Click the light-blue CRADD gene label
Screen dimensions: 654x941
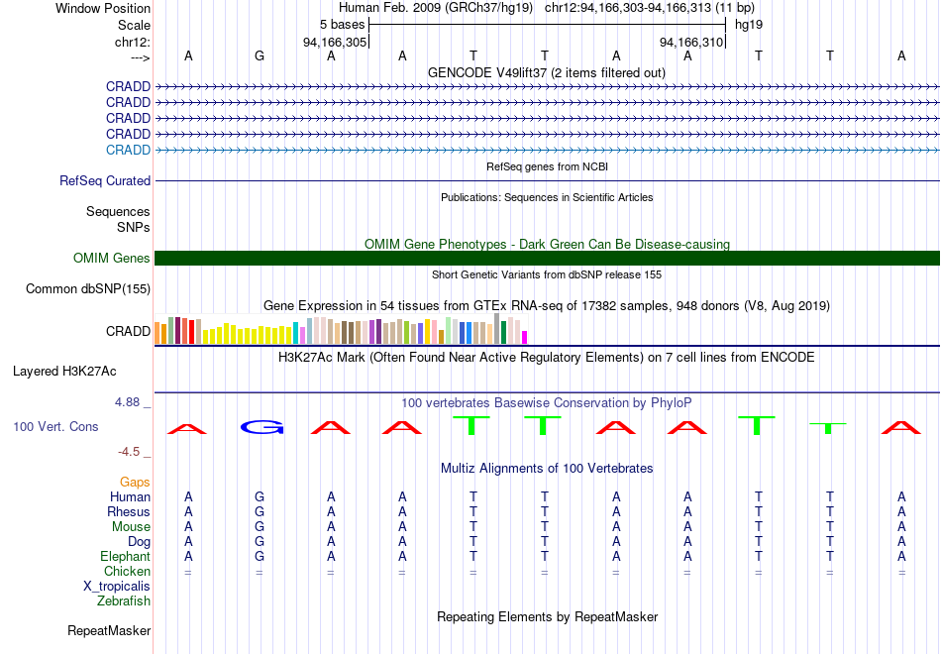coord(128,150)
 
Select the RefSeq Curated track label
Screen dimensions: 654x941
coord(105,181)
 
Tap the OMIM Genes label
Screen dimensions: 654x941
coord(112,259)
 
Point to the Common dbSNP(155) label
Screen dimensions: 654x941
coord(87,289)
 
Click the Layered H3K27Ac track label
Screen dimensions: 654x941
coord(64,372)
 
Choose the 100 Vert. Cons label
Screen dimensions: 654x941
coord(55,426)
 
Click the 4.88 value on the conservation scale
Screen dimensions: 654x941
coord(130,402)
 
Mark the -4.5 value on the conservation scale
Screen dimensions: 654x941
coord(130,452)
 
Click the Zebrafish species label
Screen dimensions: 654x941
coord(124,600)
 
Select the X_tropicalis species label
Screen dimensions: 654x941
coord(117,587)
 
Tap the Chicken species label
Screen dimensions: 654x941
coord(127,572)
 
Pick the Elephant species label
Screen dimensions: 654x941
coord(125,557)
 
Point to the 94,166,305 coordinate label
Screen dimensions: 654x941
coord(335,43)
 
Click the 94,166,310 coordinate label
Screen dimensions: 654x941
coord(691,43)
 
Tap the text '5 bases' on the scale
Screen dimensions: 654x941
coord(342,24)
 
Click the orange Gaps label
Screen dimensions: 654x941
coord(135,482)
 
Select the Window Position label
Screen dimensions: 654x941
coord(103,8)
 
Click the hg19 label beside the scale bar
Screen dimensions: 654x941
coord(748,24)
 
